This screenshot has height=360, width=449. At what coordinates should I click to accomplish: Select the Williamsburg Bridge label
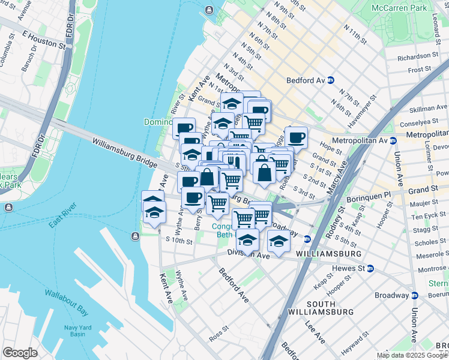124,149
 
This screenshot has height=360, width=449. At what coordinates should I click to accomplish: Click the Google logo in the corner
20,352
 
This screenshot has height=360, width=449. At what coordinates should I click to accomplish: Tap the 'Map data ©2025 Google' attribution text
412,355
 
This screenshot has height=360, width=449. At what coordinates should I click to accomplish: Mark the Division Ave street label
249,255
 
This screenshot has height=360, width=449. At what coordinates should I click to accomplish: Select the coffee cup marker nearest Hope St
297,138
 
